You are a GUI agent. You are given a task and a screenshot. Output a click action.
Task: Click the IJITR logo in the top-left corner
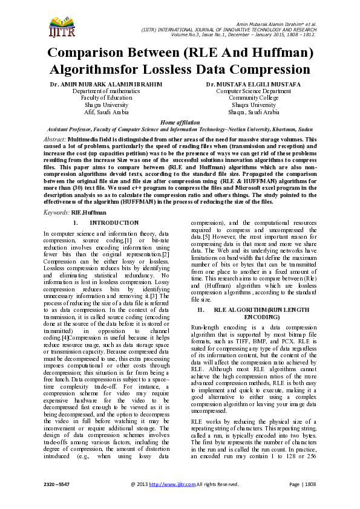(60, 25)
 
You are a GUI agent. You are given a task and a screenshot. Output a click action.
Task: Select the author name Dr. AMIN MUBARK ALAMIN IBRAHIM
(97, 84)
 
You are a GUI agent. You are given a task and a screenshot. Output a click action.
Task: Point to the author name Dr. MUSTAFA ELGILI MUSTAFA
(254, 84)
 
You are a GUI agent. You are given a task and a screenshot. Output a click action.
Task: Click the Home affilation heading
(180, 122)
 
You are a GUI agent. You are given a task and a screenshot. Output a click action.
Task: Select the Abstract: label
(56, 139)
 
